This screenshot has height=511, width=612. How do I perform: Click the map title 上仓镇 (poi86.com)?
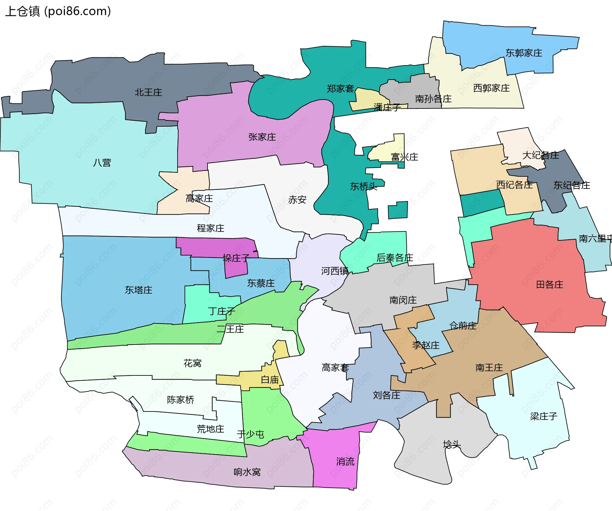tap(58, 11)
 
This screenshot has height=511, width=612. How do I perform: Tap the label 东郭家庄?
tap(524, 53)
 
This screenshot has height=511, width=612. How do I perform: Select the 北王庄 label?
tap(148, 93)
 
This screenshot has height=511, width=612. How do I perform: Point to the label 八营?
tap(102, 163)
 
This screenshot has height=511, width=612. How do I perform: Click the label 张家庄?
tap(262, 137)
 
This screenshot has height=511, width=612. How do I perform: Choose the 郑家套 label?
tap(340, 89)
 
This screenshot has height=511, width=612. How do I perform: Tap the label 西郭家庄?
tap(491, 88)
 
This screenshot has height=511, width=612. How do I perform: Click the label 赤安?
tap(297, 200)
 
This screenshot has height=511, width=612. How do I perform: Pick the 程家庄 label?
tap(210, 228)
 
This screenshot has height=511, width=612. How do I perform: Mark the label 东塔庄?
tap(138, 290)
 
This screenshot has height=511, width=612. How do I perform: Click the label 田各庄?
tap(550, 285)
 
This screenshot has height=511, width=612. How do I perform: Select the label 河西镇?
tap(335, 271)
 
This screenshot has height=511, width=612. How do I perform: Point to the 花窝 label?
tap(193, 363)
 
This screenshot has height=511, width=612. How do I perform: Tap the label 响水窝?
tap(247, 472)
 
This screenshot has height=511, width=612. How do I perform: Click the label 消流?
tap(345, 462)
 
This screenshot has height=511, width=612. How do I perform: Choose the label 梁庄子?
tap(543, 416)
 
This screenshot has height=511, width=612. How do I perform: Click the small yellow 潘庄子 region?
tap(367, 99)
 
